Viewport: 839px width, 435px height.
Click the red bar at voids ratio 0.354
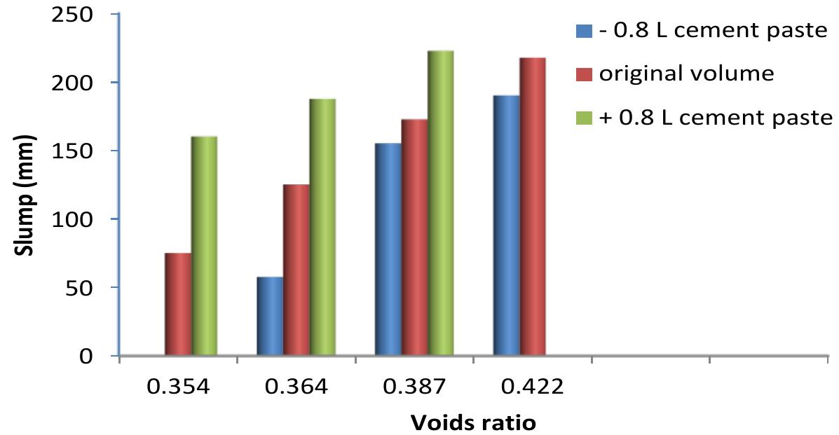coord(177,305)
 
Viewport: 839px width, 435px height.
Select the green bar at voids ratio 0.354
coord(204,247)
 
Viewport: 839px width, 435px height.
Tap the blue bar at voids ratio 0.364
coord(270,317)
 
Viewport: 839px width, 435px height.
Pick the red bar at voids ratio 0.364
coord(296,270)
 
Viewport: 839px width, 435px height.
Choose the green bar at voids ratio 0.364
coord(322,228)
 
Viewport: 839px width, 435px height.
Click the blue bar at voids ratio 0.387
coord(388,249)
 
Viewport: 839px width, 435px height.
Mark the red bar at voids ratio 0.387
coord(414,238)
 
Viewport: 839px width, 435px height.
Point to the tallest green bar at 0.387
coord(441,203)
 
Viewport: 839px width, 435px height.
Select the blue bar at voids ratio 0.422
coord(506,226)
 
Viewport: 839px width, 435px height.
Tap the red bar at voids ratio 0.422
coord(533,207)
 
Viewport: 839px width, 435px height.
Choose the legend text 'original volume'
coord(685,74)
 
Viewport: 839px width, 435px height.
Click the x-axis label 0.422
coord(533,387)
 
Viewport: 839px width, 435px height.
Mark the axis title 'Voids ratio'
coord(473,422)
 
